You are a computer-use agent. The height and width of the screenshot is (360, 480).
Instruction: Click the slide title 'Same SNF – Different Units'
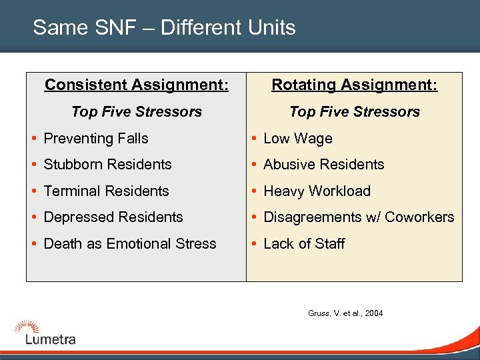164,28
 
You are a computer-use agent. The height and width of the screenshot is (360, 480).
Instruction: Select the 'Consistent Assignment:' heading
136,85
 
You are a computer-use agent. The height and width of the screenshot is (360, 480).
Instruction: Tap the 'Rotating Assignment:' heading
354,85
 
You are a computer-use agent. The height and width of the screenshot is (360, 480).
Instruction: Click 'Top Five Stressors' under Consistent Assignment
136,112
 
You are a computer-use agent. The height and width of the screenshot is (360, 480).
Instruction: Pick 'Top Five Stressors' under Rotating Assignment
354,112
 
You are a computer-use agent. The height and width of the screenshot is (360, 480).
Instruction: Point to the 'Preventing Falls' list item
96,139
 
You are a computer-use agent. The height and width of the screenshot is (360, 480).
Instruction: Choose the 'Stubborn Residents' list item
107,165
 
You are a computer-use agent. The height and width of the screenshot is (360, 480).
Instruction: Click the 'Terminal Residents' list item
106,191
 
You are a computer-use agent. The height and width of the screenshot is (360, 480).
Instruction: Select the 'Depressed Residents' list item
113,217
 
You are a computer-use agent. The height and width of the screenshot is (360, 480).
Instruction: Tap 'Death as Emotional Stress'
130,244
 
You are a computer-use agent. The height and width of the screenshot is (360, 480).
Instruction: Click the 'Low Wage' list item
297,139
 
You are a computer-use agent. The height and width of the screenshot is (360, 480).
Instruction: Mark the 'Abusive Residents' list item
324,165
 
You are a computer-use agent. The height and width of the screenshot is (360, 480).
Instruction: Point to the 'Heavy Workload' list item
317,191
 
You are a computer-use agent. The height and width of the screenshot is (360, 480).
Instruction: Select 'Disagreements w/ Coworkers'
359,217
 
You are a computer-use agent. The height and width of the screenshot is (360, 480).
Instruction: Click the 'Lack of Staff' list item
304,244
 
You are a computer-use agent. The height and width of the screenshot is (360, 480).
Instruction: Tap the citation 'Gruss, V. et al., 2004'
345,313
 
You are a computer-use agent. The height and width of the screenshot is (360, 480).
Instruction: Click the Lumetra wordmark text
51,339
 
